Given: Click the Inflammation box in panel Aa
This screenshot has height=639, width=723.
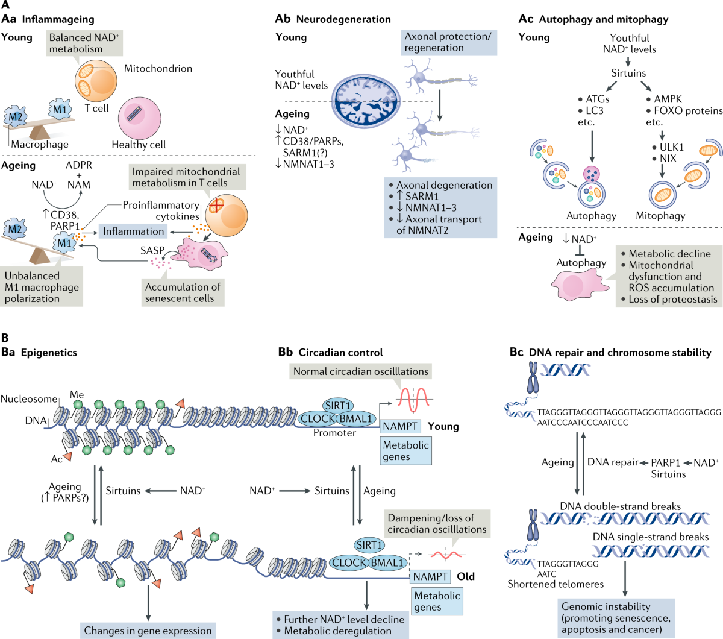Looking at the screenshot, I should pyautogui.click(x=133, y=231).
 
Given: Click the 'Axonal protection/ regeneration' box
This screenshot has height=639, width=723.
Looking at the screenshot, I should pyautogui.click(x=448, y=42).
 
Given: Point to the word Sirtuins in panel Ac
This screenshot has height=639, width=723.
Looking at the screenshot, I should pyautogui.click(x=628, y=73).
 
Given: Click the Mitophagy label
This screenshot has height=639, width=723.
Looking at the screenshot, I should pyautogui.click(x=660, y=215).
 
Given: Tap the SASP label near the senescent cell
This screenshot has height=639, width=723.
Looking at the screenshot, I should pyautogui.click(x=152, y=250).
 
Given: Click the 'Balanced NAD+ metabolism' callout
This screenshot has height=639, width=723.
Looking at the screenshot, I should pyautogui.click(x=84, y=43).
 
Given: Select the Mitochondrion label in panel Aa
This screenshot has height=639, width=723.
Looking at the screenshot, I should pyautogui.click(x=158, y=68).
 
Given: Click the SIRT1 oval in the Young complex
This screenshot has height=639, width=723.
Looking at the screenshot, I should pyautogui.click(x=338, y=406).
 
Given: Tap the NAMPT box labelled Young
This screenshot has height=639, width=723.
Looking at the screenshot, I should pyautogui.click(x=400, y=426).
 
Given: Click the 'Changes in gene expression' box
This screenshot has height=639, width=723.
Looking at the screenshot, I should pyautogui.click(x=148, y=631).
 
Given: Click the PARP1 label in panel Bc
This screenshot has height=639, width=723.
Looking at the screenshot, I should pyautogui.click(x=666, y=462).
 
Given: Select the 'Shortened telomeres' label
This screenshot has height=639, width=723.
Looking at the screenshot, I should pyautogui.click(x=556, y=584).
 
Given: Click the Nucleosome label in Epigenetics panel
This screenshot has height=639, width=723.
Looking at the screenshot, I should pyautogui.click(x=29, y=399).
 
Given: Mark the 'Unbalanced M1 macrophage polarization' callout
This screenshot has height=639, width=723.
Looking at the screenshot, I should pyautogui.click(x=42, y=287).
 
